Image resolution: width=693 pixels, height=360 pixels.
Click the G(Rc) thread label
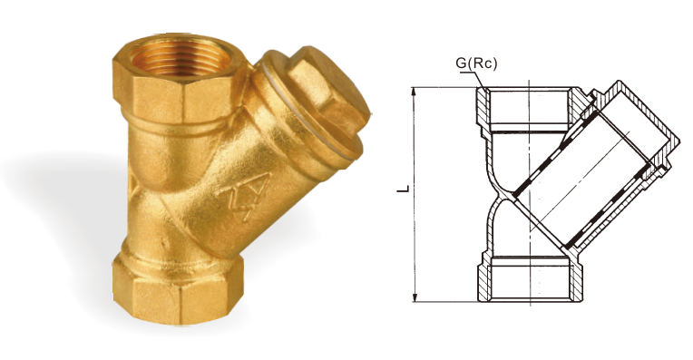[x=476, y=63]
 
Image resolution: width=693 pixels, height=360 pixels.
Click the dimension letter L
[x=404, y=189]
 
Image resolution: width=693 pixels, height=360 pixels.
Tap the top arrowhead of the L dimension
[x=415, y=91]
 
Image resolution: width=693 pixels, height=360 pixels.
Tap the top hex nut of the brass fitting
[x=177, y=88]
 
